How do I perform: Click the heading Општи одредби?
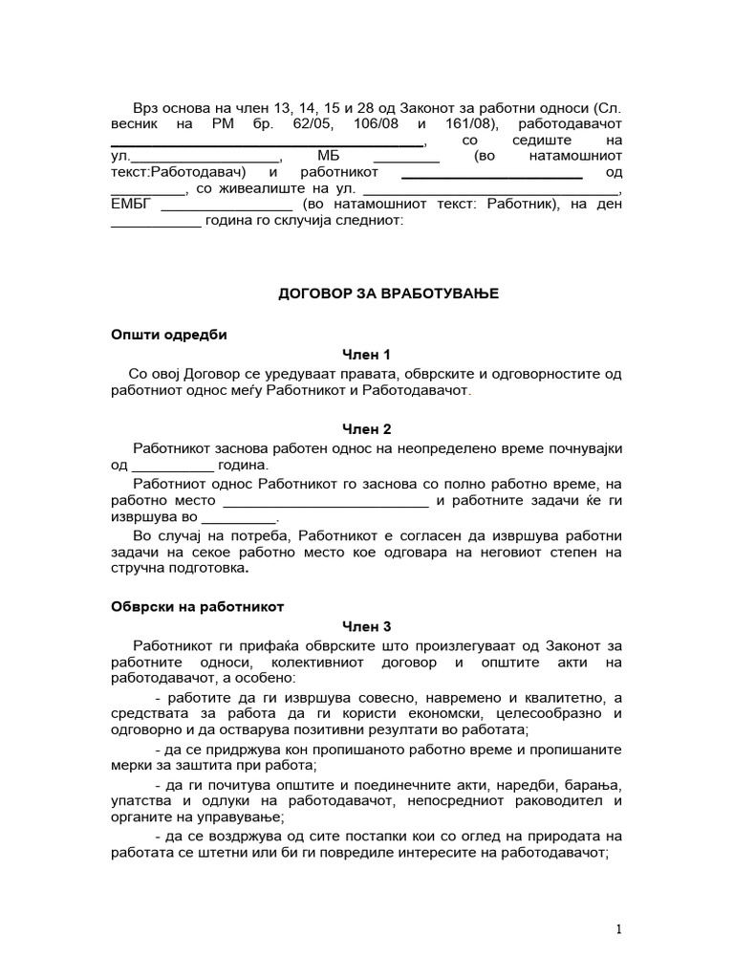pos(170,335)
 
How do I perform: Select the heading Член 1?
pos(367,356)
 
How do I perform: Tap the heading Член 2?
pos(367,429)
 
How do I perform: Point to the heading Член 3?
pos(367,627)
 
